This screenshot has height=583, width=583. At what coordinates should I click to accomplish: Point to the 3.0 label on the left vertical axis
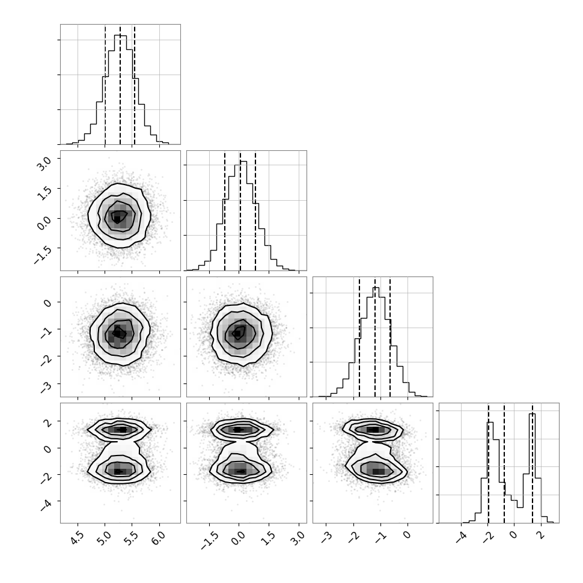click(x=43, y=163)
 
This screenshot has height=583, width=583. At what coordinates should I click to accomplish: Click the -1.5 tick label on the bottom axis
click(x=208, y=540)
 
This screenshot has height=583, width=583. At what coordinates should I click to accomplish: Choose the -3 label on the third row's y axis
click(x=46, y=386)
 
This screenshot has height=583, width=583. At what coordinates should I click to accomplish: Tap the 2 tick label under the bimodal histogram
click(x=542, y=536)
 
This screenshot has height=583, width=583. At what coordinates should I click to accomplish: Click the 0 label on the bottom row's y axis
click(x=47, y=449)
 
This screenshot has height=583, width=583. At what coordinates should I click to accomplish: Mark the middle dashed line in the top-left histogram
click(x=120, y=85)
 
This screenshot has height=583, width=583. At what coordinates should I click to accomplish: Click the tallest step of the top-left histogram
click(x=120, y=35)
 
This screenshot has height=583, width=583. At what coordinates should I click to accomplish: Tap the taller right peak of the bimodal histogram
click(x=532, y=414)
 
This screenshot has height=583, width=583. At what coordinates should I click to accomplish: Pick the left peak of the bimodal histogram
click(x=490, y=423)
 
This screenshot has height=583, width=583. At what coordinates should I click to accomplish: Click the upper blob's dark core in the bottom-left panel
click(x=121, y=430)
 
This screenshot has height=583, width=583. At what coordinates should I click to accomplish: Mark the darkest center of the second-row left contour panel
click(x=117, y=218)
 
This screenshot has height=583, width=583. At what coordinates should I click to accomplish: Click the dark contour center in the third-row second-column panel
click(x=237, y=334)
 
